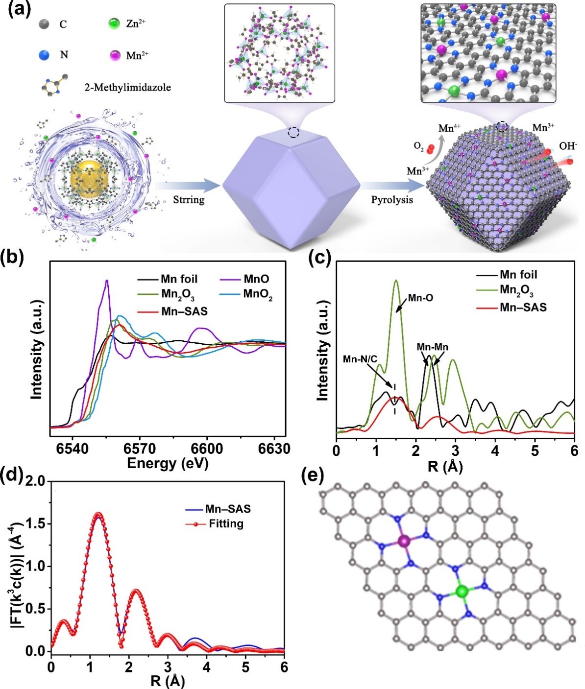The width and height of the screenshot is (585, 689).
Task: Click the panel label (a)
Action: [x=18, y=9]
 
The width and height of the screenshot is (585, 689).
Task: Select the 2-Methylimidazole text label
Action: [x=126, y=88]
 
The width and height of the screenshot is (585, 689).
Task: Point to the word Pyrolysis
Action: [x=392, y=200]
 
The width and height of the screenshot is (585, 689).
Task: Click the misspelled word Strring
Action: [x=189, y=200]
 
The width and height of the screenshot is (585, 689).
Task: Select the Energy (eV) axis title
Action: [x=168, y=463]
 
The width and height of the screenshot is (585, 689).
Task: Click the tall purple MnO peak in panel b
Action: [x=107, y=281]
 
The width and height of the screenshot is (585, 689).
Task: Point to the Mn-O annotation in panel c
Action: [x=421, y=297]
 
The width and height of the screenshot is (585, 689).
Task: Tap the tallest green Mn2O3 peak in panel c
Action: [x=396, y=281]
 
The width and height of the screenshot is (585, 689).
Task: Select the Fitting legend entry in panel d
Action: [x=225, y=523]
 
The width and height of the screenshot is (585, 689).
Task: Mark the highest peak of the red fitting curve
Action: [x=98, y=514]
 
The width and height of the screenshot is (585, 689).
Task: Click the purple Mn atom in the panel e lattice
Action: [x=404, y=541]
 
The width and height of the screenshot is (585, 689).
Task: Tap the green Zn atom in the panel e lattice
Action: [x=461, y=592]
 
